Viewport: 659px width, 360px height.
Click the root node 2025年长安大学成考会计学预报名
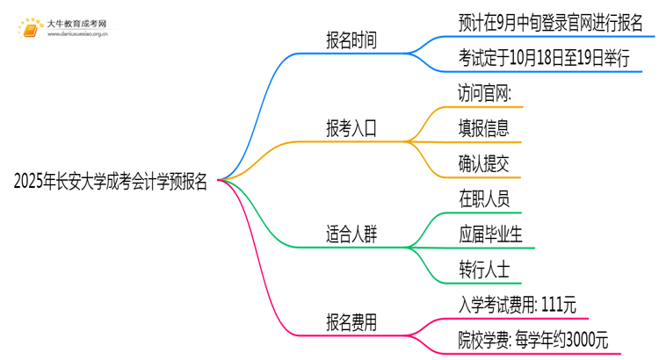(111, 182)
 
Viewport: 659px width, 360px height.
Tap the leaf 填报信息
(483, 128)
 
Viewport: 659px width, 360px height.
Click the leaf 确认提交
(483, 163)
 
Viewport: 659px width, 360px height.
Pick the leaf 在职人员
(483, 199)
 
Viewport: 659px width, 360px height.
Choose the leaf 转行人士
(483, 270)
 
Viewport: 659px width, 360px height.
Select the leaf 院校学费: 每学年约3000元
(532, 340)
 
